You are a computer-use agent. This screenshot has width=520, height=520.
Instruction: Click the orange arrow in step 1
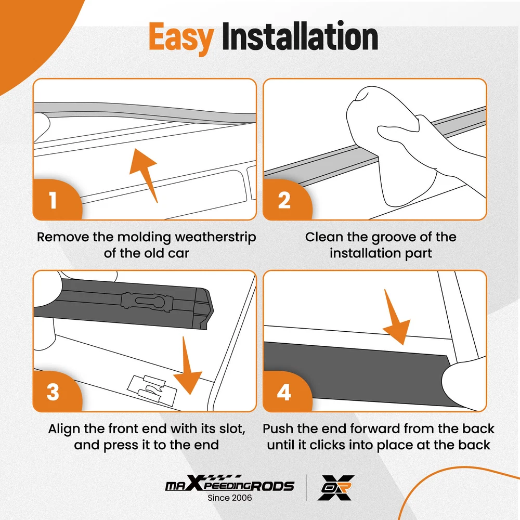(145, 174)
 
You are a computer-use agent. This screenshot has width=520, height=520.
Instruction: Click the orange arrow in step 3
(187, 367)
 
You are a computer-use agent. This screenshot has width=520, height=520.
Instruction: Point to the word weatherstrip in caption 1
(216, 237)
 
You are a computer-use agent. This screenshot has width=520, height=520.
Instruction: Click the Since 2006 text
(229, 498)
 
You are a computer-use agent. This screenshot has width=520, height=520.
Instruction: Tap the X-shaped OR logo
(336, 488)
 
